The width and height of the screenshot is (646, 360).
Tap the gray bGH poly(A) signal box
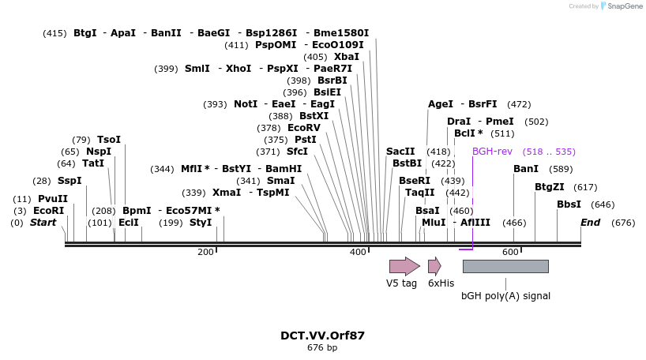click(505, 266)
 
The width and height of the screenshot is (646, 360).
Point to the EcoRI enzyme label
click(49, 211)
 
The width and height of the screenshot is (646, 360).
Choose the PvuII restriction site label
click(53, 199)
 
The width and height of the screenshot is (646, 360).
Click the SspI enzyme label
click(69, 181)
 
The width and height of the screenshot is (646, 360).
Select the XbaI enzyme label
click(347, 57)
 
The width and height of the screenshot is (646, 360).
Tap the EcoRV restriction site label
click(304, 128)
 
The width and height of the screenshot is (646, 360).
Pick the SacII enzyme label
click(400, 152)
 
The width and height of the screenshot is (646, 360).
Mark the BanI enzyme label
click(526, 169)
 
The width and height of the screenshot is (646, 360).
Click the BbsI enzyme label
click(569, 204)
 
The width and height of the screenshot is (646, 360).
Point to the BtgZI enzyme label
click(550, 187)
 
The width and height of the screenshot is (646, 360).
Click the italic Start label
click(43, 223)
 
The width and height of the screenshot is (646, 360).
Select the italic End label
click(591, 223)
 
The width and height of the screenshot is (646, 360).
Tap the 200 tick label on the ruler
click(205, 252)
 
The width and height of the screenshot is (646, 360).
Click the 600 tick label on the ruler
click(510, 252)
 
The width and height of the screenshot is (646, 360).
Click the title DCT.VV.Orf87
click(322, 336)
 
